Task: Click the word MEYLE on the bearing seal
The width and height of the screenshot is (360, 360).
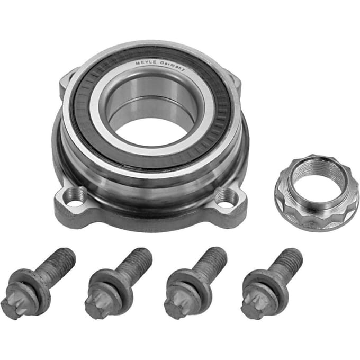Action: [146, 62]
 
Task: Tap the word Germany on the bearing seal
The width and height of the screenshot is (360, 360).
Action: [172, 65]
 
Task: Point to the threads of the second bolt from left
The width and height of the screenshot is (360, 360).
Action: [136, 262]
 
